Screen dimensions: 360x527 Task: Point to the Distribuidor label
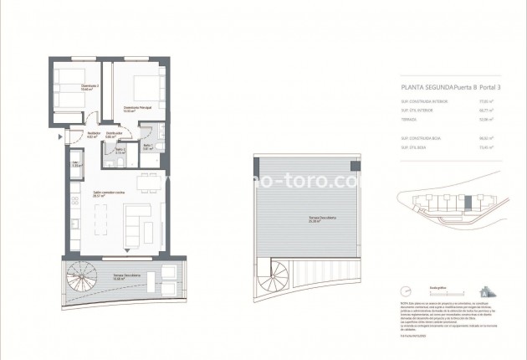pos(115,134)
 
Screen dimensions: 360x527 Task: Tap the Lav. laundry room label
pos(75,164)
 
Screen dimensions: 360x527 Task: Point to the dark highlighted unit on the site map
pos(468,203)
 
